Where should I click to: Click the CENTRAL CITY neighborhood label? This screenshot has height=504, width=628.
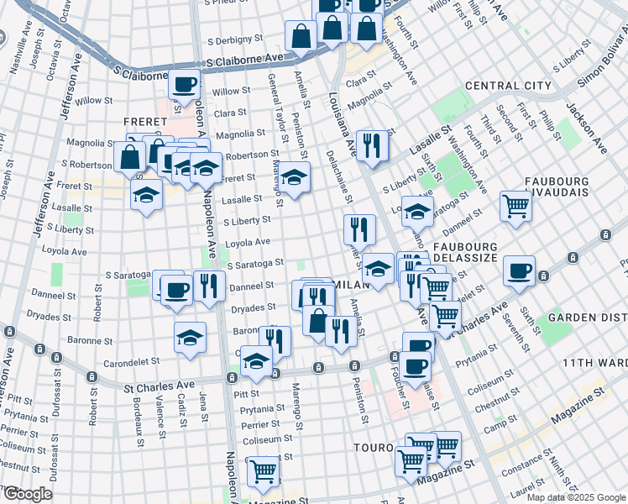click(508, 86)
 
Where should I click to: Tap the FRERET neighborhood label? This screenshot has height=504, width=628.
click(145, 121)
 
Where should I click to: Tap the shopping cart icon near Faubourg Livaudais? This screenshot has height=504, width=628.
click(515, 205)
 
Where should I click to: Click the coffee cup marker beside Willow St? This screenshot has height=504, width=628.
click(185, 84)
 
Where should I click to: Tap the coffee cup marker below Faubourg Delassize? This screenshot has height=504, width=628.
click(519, 270)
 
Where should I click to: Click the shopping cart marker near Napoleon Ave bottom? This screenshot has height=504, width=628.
click(263, 471)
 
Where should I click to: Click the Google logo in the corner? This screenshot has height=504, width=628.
click(28, 494)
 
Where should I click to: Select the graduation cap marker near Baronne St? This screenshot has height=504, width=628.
click(191, 338)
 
